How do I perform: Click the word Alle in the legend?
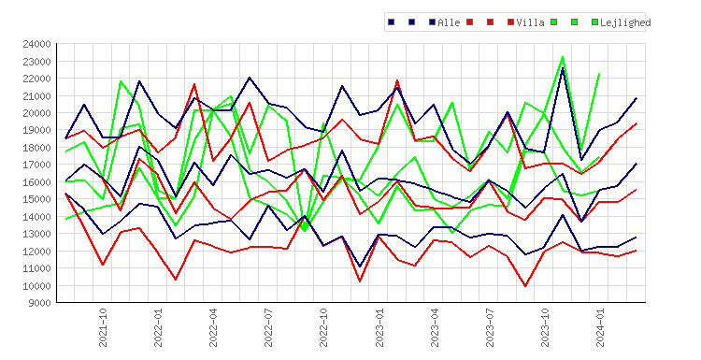[449, 22]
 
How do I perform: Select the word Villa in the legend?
[530, 22]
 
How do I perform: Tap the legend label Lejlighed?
[625, 22]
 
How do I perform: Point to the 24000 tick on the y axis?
[36, 44]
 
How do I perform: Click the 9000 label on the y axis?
[39, 303]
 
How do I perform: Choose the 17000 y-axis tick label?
[36, 165]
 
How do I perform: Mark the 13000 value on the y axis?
[36, 234]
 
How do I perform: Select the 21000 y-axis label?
[36, 95]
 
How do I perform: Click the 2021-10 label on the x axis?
[103, 327]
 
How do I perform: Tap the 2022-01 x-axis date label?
[158, 327]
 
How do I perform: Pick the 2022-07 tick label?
[268, 327]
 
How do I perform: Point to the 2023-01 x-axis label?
[379, 327]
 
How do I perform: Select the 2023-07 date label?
[490, 327]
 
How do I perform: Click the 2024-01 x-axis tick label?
[600, 327]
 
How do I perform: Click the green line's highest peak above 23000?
[563, 57]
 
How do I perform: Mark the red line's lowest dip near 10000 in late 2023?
[525, 286]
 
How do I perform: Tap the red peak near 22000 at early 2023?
[397, 80]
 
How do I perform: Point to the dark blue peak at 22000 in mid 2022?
[250, 78]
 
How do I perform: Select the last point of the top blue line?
[637, 98]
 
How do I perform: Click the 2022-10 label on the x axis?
[323, 327]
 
